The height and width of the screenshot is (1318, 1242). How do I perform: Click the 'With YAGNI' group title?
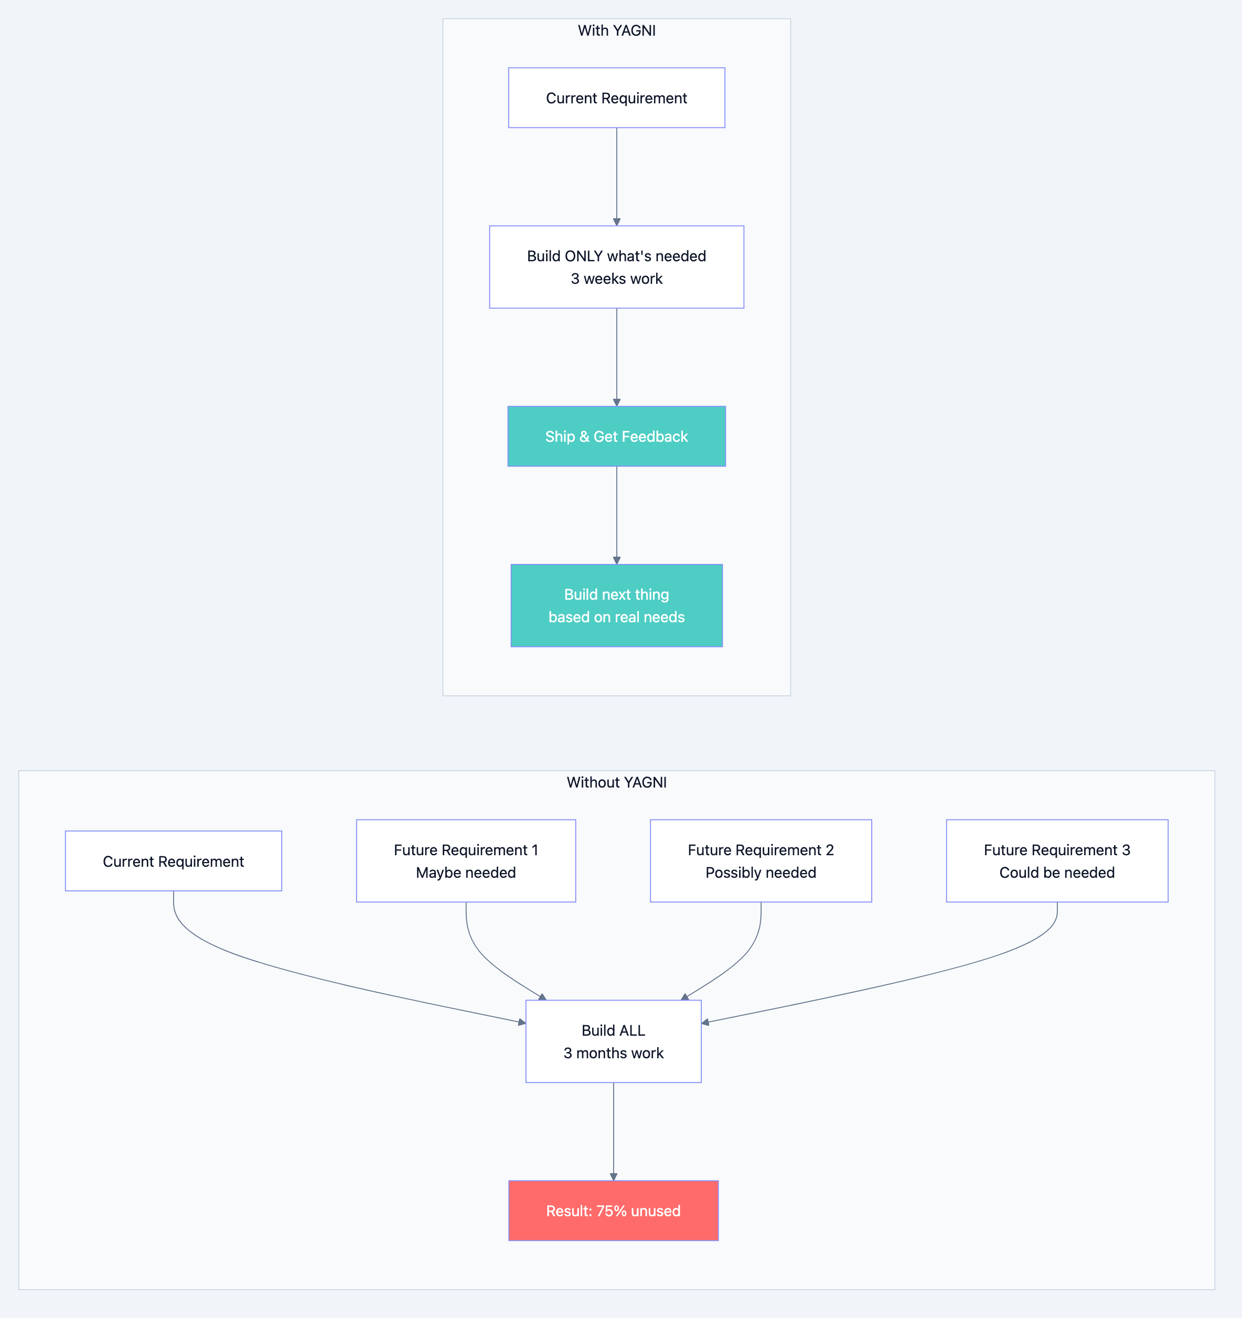click(616, 30)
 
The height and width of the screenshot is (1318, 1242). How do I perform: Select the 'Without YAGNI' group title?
click(616, 782)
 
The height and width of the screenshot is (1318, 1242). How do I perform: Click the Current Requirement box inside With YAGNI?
click(616, 98)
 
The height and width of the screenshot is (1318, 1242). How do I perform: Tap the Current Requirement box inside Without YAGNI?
click(173, 861)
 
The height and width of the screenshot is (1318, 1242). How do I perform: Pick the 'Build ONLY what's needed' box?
click(616, 256)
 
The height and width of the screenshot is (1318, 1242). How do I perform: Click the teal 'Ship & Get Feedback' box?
click(616, 436)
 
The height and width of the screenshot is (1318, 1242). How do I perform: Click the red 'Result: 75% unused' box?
click(613, 1210)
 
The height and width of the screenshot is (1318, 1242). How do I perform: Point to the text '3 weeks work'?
click(616, 279)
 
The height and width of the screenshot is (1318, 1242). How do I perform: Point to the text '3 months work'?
click(613, 1054)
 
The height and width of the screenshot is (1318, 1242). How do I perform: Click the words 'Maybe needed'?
click(465, 873)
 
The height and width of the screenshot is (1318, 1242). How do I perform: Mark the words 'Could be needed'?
click(1056, 873)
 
